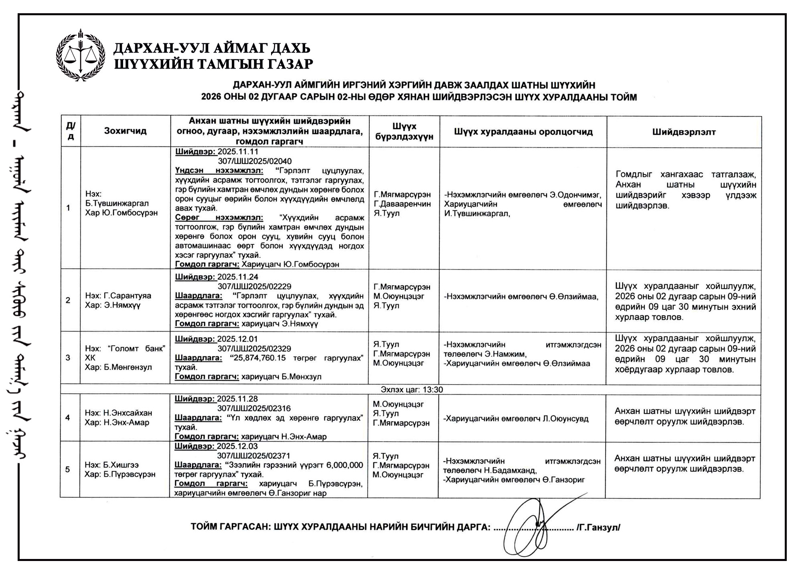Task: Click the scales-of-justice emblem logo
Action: [81, 55]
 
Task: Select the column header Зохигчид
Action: [125, 131]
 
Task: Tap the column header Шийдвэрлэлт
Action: [684, 132]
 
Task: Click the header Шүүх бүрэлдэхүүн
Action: [404, 132]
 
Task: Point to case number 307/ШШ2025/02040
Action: [255, 161]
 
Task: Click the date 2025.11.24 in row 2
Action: [238, 277]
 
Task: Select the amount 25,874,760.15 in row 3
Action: [259, 358]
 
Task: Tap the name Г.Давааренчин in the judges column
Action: [402, 204]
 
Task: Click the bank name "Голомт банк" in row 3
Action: [136, 348]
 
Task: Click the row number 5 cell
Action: [67, 469]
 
